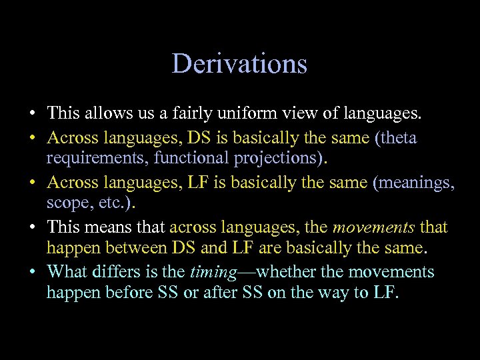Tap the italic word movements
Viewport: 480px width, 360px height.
coord(373,227)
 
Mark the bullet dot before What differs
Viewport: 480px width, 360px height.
coord(33,272)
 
